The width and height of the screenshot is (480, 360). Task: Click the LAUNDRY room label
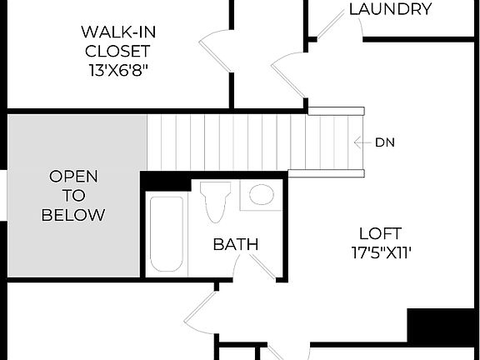coord(390,10)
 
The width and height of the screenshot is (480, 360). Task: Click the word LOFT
coord(381,233)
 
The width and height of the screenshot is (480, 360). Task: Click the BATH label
coord(235,244)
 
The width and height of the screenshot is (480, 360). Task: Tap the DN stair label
coord(384,142)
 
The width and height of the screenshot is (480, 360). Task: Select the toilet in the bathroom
coord(214,200)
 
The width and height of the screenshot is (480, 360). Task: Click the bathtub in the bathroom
coord(166,234)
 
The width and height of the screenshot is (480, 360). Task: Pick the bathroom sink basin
coord(262,195)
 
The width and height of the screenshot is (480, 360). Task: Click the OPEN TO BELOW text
coord(73,196)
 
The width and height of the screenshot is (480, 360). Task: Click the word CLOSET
coord(120,52)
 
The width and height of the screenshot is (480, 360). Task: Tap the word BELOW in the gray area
coord(73,215)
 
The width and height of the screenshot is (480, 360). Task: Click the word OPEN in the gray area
coord(73,177)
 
